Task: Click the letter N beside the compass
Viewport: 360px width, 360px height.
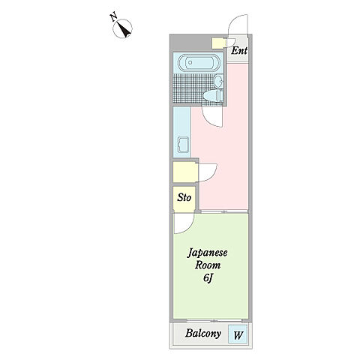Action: coord(113,17)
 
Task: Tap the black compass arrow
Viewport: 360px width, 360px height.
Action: coord(124,30)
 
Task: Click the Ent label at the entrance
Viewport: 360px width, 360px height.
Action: coord(239,51)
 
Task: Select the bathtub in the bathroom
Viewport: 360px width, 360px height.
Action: coord(199,62)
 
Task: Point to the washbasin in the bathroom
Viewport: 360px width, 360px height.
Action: coord(219,81)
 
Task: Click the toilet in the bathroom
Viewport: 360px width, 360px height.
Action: coord(213,96)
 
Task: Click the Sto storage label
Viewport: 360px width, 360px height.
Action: coord(184,197)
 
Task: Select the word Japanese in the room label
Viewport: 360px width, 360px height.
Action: coord(208,253)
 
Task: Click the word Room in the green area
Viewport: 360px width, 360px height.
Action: coord(208,265)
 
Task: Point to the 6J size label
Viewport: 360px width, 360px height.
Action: coord(208,278)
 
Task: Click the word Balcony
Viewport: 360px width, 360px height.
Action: coord(203,334)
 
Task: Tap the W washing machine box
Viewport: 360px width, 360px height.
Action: coord(238,334)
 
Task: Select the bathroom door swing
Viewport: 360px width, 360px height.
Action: coord(210,119)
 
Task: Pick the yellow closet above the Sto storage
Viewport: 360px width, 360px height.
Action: coord(185,172)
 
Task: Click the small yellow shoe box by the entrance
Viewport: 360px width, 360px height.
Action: coord(217,43)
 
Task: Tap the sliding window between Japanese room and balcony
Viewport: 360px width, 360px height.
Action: coord(214,320)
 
